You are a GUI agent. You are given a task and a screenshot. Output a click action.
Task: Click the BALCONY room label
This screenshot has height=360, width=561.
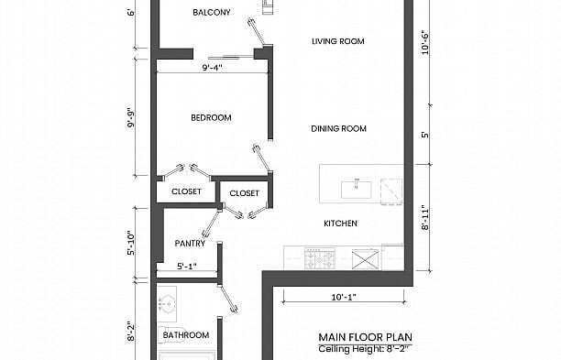pyautogui.click(x=211, y=13)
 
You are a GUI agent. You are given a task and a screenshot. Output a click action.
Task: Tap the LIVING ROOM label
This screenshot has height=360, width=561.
pyautogui.click(x=338, y=41)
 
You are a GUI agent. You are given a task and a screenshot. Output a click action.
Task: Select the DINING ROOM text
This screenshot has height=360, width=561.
pyautogui.click(x=338, y=129)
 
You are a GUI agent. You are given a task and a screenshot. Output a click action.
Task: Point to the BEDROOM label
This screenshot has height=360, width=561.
pyautogui.click(x=211, y=117)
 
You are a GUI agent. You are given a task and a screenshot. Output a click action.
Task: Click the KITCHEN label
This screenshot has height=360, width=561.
pyautogui.click(x=340, y=224)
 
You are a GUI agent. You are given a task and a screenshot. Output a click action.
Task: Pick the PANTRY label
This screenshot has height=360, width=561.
pyautogui.click(x=190, y=244)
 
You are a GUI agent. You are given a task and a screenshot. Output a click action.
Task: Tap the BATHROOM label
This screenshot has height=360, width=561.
pyautogui.click(x=186, y=335)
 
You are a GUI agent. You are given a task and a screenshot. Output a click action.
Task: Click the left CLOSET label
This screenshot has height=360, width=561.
pyautogui.click(x=186, y=193)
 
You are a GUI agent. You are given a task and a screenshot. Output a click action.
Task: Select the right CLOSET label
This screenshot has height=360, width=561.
pyautogui.click(x=244, y=193)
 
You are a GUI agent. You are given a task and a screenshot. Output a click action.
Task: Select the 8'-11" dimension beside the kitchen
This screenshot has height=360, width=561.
pyautogui.click(x=424, y=220)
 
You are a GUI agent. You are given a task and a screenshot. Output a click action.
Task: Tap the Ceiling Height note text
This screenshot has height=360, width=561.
pyautogui.click(x=364, y=349)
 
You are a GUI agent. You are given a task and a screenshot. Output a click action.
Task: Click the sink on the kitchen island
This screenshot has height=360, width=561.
pyautogui.click(x=357, y=189)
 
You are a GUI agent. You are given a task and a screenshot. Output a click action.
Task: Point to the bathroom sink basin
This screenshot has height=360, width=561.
pyautogui.click(x=168, y=301)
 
